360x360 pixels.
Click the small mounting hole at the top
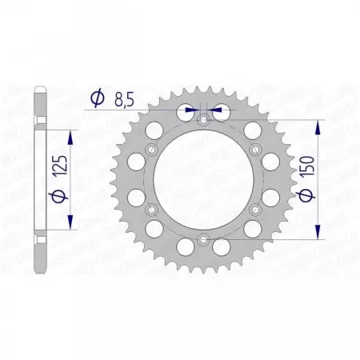click(203, 120)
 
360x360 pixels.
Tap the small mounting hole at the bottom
click(203, 238)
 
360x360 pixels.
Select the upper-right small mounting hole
click(255, 150)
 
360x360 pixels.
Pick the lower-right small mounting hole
click(255, 209)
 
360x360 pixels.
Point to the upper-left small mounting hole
click(152, 150)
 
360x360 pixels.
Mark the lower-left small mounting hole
click(152, 209)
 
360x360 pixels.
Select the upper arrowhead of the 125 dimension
click(73, 131)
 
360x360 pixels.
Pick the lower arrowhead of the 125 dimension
click(73, 226)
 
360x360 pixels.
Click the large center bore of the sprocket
click(203, 179)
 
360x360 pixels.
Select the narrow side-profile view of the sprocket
click(39, 180)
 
